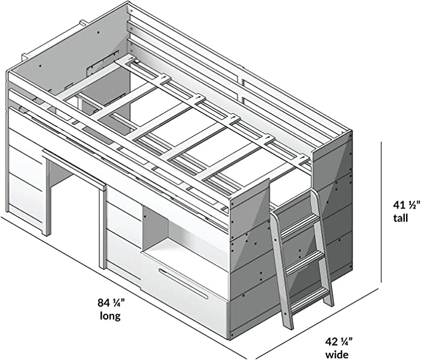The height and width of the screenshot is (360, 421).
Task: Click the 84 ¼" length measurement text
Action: [x=111, y=303]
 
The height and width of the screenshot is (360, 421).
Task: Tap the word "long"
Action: [x=110, y=316]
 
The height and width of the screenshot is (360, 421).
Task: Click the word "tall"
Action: [x=401, y=218]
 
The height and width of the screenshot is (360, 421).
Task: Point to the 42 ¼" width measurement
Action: [x=339, y=342]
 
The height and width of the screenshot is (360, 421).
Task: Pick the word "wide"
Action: [x=337, y=355]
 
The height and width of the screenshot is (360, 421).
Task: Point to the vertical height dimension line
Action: [x=381, y=212]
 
